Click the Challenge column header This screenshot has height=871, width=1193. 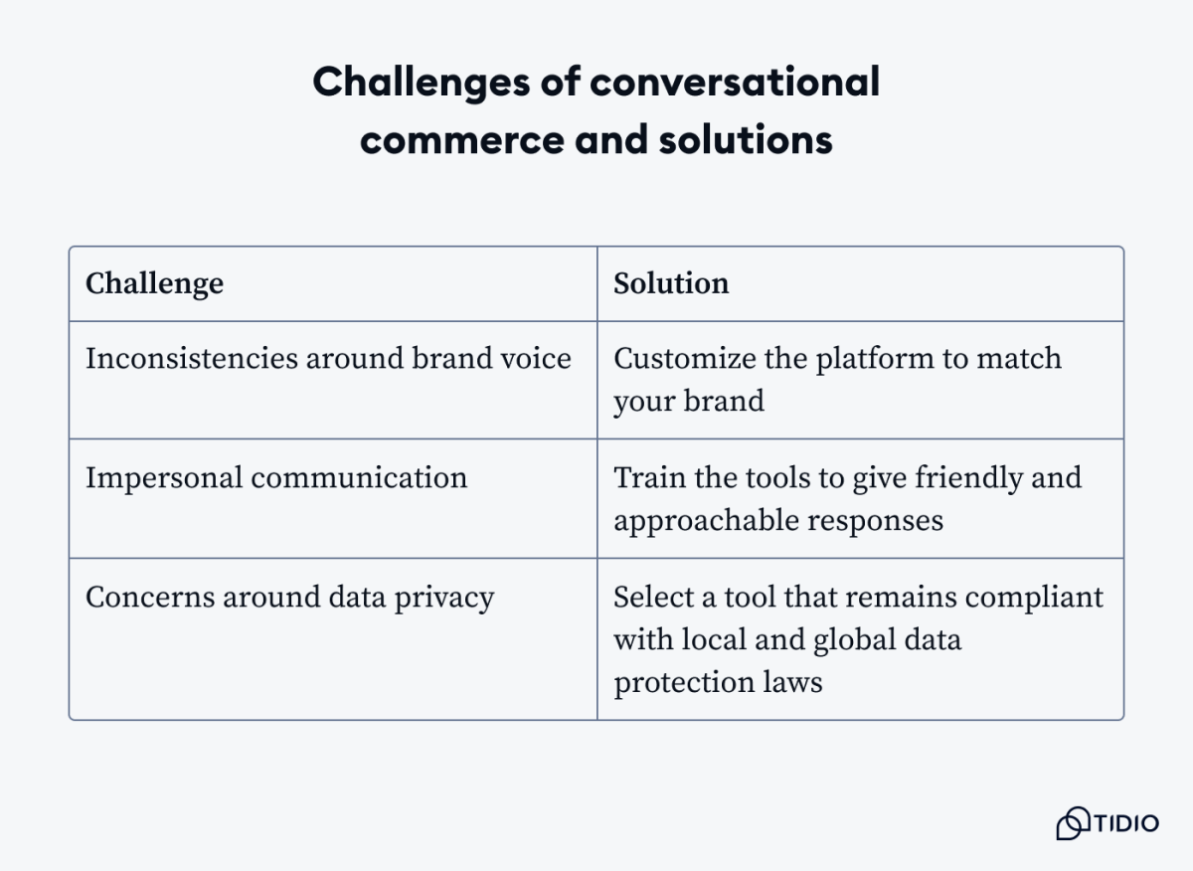coord(154,284)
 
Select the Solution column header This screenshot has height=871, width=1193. coord(671,284)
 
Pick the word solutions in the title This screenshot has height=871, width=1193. coord(746,140)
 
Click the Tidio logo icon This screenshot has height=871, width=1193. coord(1073,823)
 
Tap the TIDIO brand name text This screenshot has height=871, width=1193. coord(1126,824)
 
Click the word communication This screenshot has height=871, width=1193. coord(359,478)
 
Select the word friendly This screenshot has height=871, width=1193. coord(963,478)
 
